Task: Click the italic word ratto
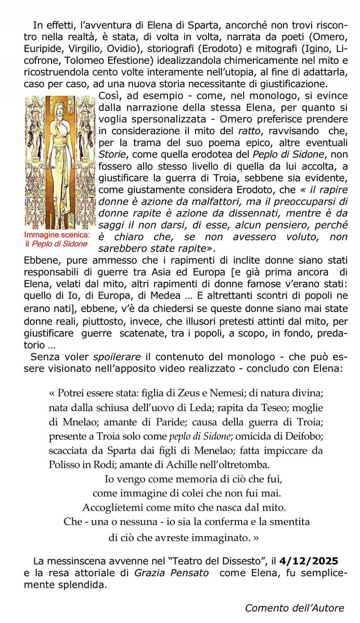click(x=250, y=130)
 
